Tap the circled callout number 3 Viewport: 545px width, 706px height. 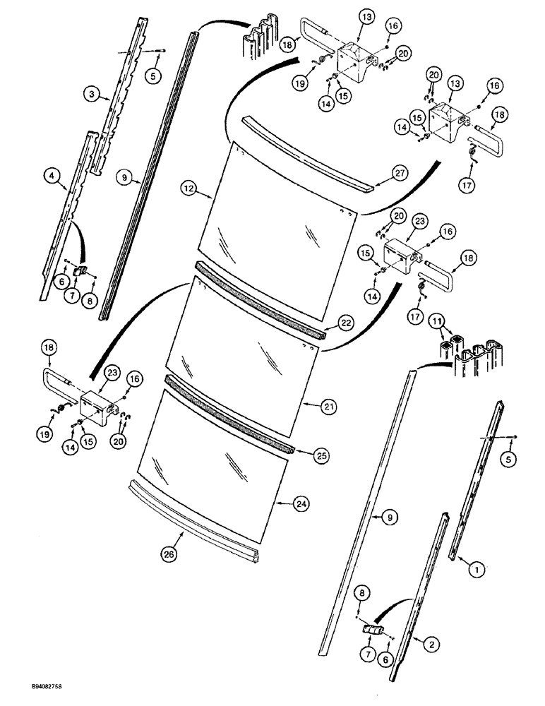point(90,93)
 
